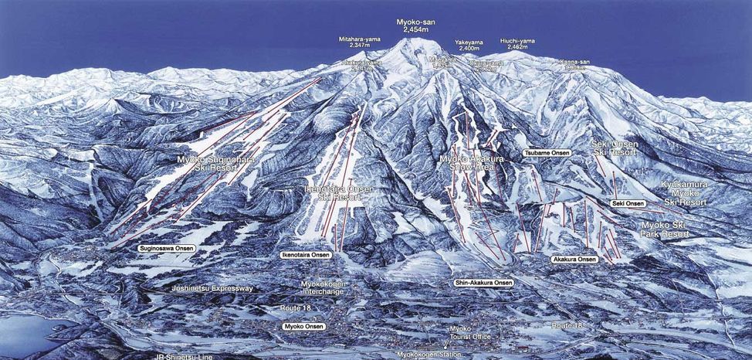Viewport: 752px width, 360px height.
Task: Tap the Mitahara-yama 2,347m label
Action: pos(359,43)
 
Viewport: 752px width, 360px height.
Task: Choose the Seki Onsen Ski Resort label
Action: pos(615,148)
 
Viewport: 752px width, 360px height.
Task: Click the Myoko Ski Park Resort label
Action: pos(665,229)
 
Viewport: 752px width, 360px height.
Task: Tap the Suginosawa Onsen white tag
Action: pos(168,249)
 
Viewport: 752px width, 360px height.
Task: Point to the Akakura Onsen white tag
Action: pos(574,259)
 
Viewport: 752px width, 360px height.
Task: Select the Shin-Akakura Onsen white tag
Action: pos(484,283)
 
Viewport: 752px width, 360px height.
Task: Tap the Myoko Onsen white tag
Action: pos(303,327)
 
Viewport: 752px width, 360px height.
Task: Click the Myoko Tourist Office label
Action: pos(471,332)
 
